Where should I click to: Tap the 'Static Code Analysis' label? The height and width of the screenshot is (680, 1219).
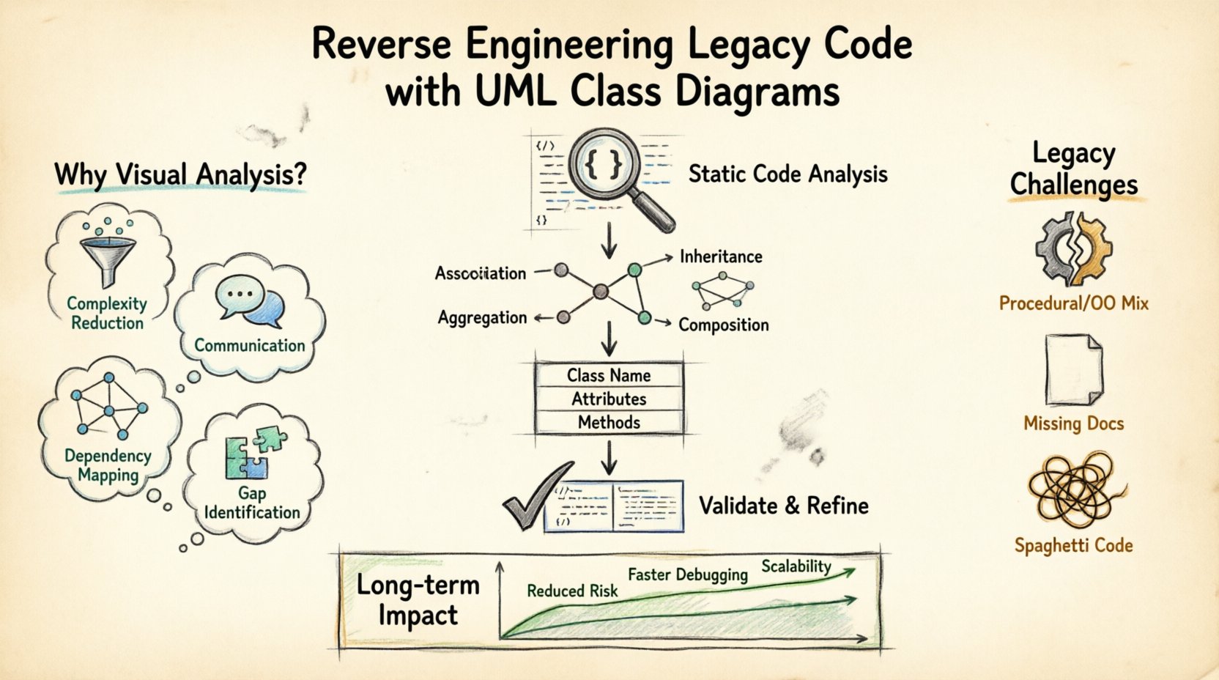pyautogui.click(x=788, y=174)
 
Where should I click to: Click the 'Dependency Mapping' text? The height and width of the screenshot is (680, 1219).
pyautogui.click(x=108, y=465)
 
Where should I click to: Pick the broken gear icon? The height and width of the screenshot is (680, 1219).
pyautogui.click(x=1073, y=249)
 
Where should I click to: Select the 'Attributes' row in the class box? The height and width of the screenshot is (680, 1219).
pyautogui.click(x=609, y=399)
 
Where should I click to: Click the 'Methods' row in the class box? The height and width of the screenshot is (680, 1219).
pyautogui.click(x=609, y=422)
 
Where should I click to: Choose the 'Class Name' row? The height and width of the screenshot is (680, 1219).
pyautogui.click(x=609, y=375)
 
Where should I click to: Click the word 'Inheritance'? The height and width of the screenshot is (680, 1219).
pyautogui.click(x=721, y=256)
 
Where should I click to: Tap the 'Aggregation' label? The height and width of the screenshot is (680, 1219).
pyautogui.click(x=482, y=317)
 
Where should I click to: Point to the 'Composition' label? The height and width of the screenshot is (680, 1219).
pyautogui.click(x=723, y=325)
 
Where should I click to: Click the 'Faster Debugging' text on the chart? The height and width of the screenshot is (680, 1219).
pyautogui.click(x=687, y=574)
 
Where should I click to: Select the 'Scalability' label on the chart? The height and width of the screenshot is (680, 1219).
pyautogui.click(x=796, y=566)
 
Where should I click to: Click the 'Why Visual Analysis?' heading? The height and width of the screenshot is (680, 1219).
pyautogui.click(x=180, y=174)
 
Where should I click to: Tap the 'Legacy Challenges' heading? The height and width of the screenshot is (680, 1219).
pyautogui.click(x=1073, y=169)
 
